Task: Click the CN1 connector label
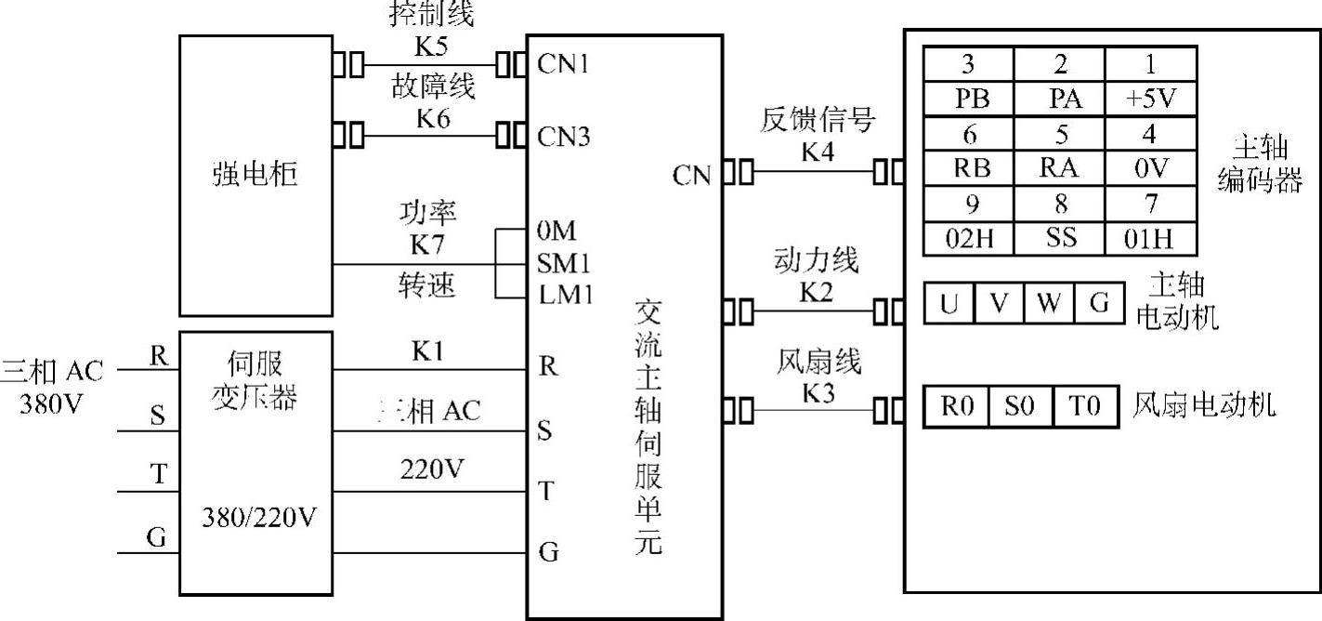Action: (564, 65)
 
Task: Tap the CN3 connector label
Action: (564, 137)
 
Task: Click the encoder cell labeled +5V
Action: (1150, 99)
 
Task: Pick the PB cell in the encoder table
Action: (968, 99)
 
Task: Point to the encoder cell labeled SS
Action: (1060, 239)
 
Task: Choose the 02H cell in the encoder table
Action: (968, 239)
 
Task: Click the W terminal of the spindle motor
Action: (1049, 304)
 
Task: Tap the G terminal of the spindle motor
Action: (1099, 304)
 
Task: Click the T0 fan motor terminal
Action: (1083, 407)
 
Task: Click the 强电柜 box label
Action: (255, 174)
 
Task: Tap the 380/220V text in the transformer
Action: (256, 516)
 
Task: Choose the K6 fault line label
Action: (432, 118)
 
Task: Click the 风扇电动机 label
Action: (1204, 406)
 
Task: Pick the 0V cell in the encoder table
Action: (1150, 168)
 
